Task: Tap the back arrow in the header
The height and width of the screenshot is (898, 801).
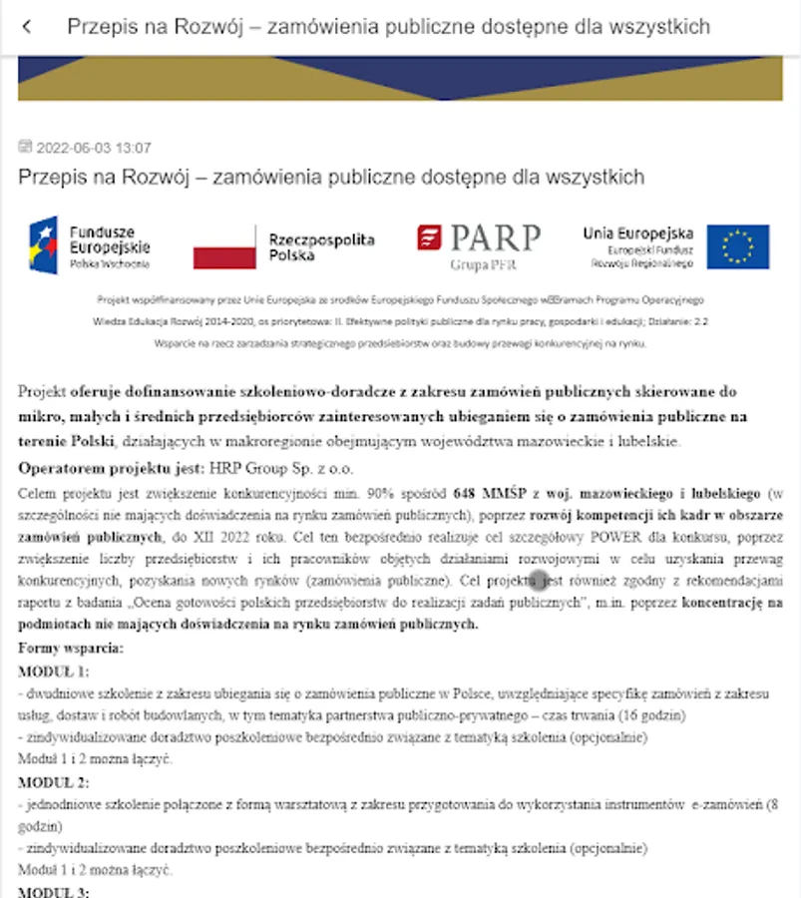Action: [x=27, y=27]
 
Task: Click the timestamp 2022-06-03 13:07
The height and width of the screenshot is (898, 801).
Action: [x=94, y=148]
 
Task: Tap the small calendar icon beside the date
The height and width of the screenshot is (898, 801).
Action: [x=25, y=147]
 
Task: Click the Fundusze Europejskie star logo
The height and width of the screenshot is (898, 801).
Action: [x=44, y=244]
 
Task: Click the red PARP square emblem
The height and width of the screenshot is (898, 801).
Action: [x=429, y=237]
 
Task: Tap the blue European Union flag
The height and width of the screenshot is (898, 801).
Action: [x=738, y=246]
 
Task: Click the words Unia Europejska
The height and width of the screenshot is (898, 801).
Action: [x=638, y=233]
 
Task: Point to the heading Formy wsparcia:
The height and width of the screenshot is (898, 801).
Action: [x=71, y=649]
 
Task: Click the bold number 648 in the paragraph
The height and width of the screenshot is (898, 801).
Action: [x=465, y=493]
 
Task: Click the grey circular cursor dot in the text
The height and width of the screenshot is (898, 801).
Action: [x=539, y=581]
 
